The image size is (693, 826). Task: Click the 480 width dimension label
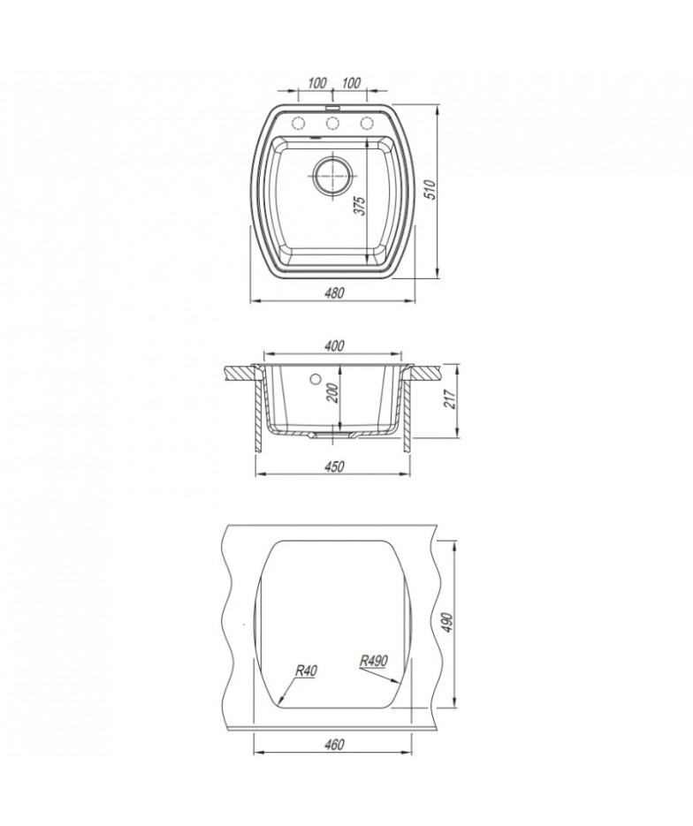click(x=335, y=292)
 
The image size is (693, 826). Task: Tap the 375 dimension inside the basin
click(x=359, y=206)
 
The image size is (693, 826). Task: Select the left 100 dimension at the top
click(x=316, y=83)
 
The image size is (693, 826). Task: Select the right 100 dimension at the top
click(x=351, y=83)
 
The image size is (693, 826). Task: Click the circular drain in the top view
click(x=332, y=177)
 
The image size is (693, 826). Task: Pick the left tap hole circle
click(x=298, y=124)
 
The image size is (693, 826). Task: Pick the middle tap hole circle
click(x=332, y=124)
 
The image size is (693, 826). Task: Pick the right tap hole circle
click(x=367, y=124)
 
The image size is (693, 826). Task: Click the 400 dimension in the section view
click(x=334, y=346)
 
